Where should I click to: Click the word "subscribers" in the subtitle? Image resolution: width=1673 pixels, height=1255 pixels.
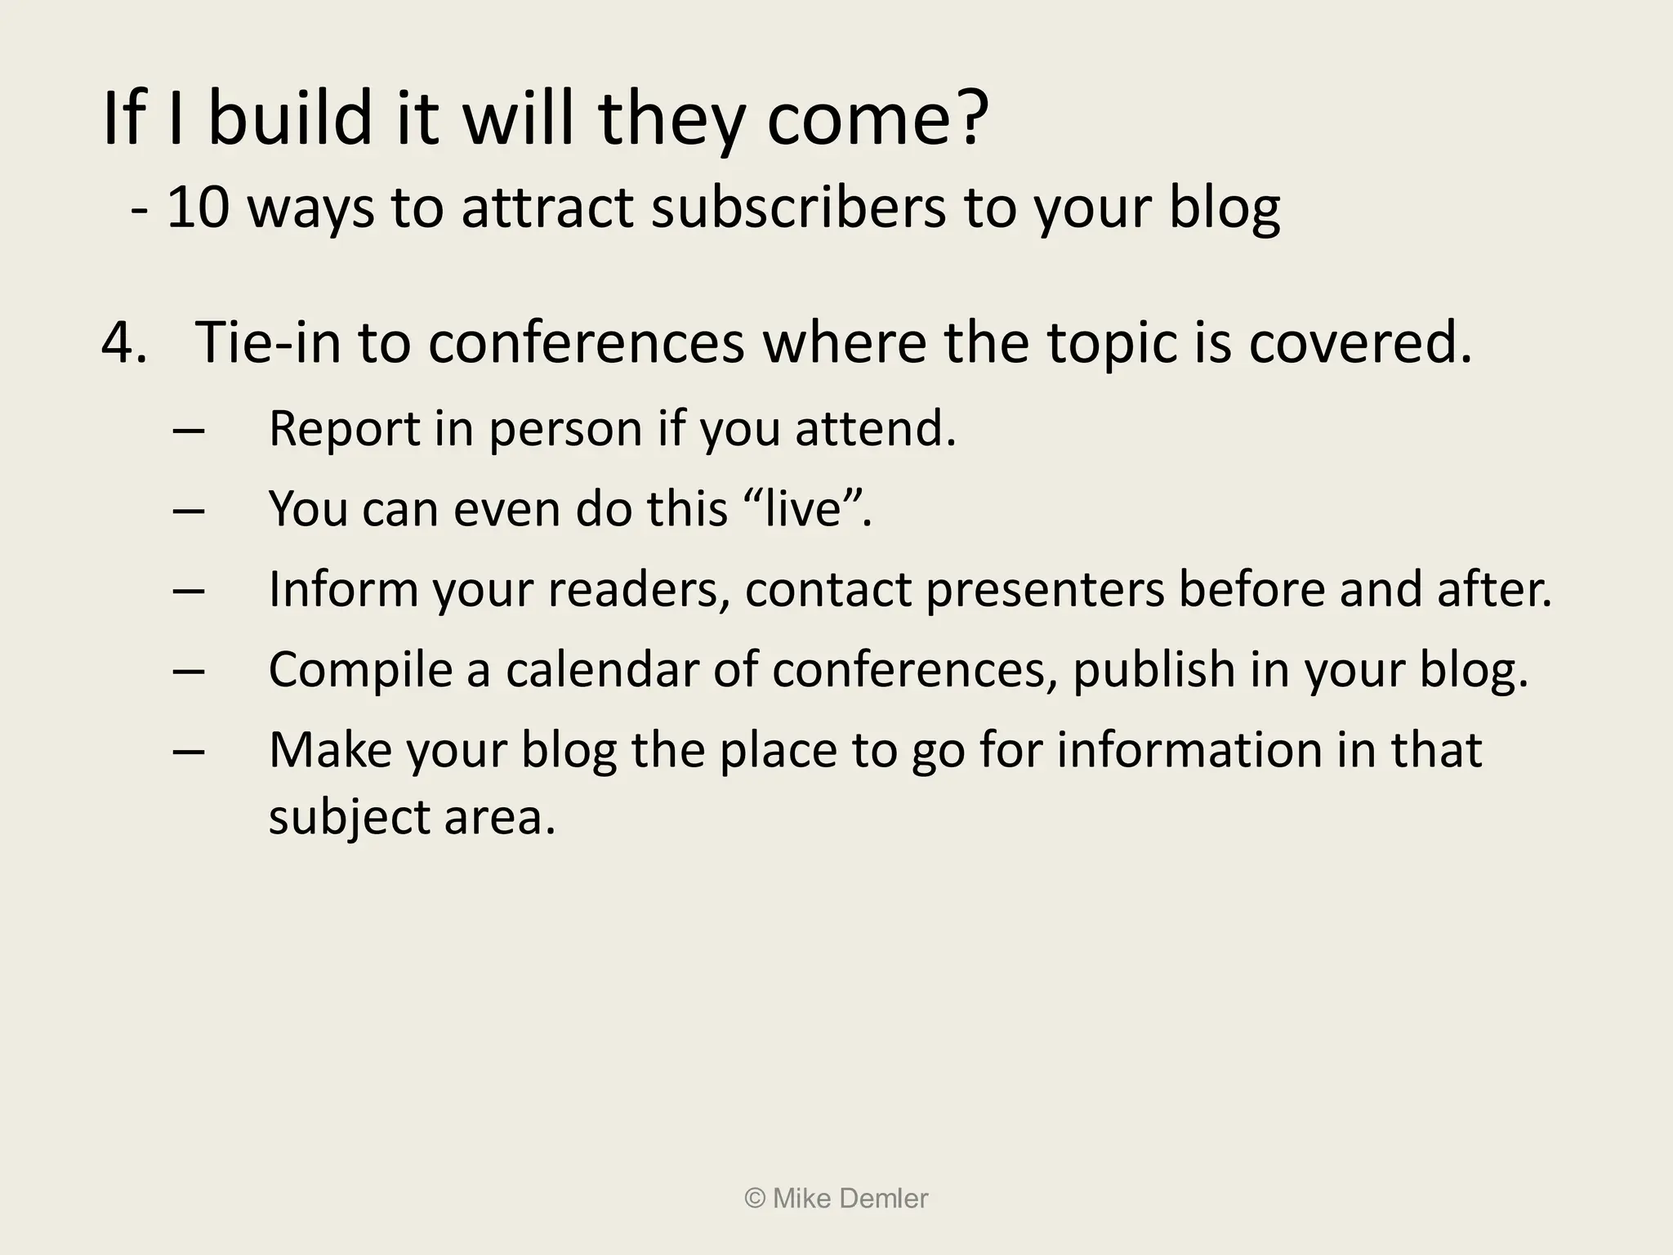798,208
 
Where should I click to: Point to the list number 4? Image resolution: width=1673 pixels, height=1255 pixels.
123,343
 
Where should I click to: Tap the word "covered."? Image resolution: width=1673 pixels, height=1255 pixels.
1359,343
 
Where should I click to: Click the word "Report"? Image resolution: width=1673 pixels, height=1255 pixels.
344,428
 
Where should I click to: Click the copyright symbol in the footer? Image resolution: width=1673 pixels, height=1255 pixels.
755,1199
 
